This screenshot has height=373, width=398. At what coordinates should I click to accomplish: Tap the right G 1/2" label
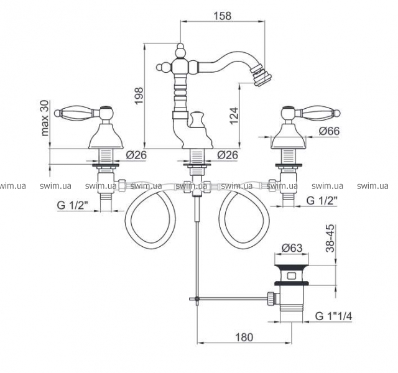pos(322,201)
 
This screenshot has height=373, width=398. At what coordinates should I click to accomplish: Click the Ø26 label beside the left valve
pos(136,155)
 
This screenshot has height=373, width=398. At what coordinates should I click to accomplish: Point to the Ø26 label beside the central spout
pos(228,155)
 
